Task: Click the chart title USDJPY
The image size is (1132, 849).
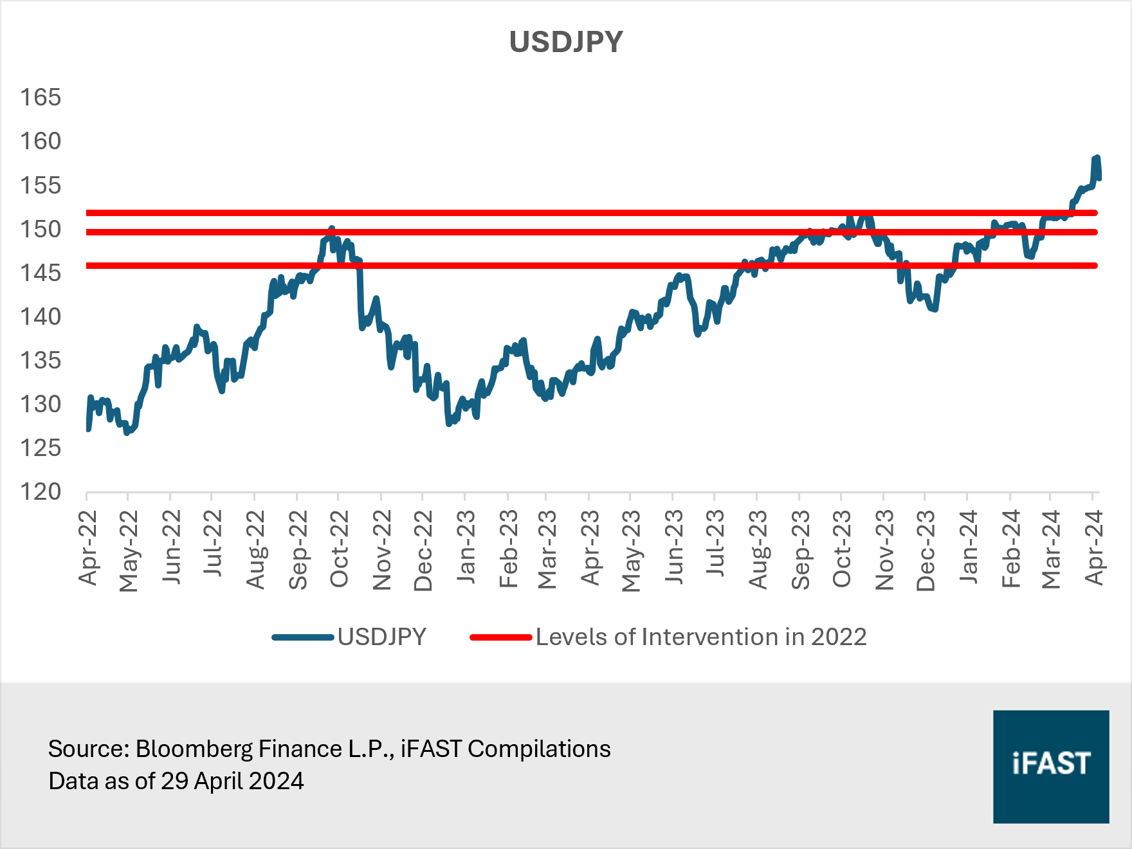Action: [566, 42]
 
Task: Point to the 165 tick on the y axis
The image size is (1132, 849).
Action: [41, 97]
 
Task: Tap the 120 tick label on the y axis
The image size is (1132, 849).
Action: [41, 491]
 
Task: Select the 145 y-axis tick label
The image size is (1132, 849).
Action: [41, 273]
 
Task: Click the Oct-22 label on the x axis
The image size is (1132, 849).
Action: [339, 549]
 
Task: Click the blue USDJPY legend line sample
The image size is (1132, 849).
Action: [302, 637]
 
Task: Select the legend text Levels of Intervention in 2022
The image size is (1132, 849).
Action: [701, 637]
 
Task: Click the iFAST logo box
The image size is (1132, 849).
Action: [1050, 766]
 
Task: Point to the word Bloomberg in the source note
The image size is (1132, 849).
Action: [194, 749]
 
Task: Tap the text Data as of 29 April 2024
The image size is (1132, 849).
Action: [176, 781]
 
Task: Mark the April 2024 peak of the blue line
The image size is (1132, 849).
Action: [1097, 158]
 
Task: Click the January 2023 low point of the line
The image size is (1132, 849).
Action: [449, 424]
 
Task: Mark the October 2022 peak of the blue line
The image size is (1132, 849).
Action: [332, 228]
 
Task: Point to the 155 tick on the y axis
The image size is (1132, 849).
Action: [41, 185]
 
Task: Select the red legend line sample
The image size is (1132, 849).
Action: [500, 637]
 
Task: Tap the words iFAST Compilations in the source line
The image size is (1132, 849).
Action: [506, 749]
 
